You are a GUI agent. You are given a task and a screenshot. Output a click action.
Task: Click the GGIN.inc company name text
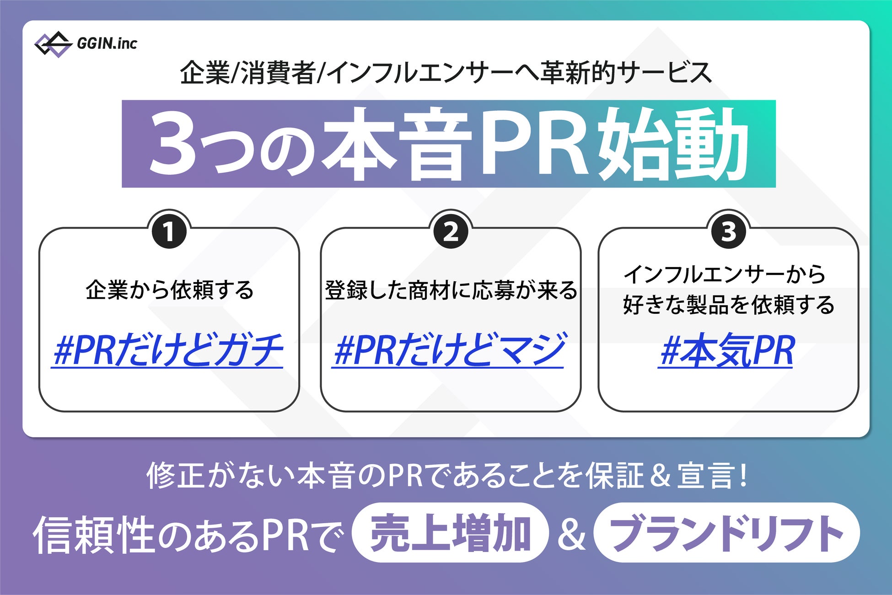coord(107,43)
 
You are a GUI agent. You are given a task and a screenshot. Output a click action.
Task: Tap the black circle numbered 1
coord(169,231)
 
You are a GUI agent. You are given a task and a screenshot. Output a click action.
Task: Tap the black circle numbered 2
coord(451,231)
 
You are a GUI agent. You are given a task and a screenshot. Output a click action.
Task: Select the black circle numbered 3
coord(728,231)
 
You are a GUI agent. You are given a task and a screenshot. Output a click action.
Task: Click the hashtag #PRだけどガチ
coord(168,350)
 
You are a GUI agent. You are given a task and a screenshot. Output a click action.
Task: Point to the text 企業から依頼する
coord(169,290)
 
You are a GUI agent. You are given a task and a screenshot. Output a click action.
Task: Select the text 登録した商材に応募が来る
coord(451,290)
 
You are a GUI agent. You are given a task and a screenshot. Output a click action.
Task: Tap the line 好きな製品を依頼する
coord(728,305)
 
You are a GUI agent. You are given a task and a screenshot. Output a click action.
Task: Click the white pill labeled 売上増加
coord(450,533)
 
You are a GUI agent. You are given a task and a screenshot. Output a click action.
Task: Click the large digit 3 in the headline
coord(172,143)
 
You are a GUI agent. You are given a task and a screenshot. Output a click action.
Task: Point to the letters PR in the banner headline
coord(533,143)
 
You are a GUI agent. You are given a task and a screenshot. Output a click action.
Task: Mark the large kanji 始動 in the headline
coord(672,143)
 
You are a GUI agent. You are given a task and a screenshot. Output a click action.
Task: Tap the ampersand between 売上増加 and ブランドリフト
coord(571,534)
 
